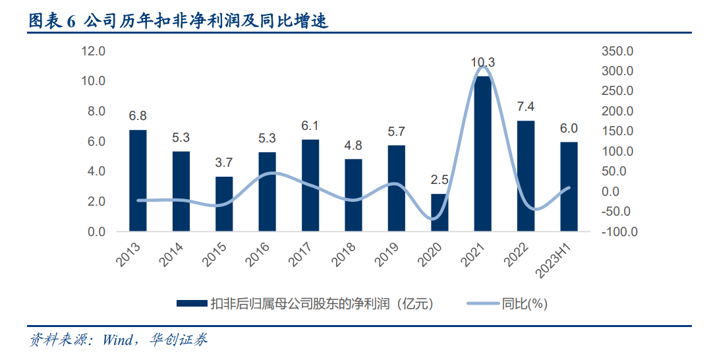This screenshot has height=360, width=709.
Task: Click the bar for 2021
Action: coord(483,154)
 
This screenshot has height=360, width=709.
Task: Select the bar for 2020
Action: coord(440,212)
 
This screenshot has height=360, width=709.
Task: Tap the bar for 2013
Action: coord(138,181)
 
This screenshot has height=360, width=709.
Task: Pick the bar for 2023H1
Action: coord(569,187)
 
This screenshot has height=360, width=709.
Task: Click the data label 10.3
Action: coord(482,63)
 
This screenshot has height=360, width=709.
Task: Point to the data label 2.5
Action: coord(440,180)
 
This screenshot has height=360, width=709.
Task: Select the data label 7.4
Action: coord(525,107)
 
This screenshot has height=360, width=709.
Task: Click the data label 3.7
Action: coord(223,163)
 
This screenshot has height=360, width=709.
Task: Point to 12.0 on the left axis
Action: coord(94,51)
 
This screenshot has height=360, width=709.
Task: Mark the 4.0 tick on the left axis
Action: coord(96,171)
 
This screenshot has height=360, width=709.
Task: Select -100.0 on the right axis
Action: coord(619,232)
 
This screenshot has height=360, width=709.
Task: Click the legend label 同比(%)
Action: coord(525,304)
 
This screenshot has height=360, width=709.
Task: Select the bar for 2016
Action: coord(267,192)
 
